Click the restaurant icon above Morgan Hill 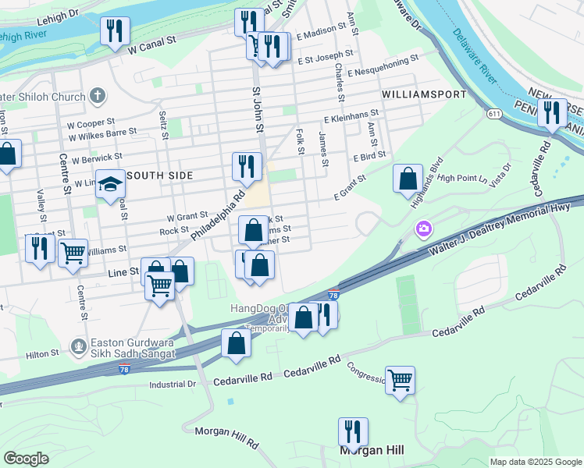(353, 431)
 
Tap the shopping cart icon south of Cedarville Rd (400, 381)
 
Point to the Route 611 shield (494, 114)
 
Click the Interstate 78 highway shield (333, 295)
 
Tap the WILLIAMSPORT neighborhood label (424, 94)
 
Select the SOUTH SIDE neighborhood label (159, 175)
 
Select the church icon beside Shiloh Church (97, 96)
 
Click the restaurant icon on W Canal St (115, 30)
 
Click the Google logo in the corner (27, 458)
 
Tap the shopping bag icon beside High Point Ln (408, 179)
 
